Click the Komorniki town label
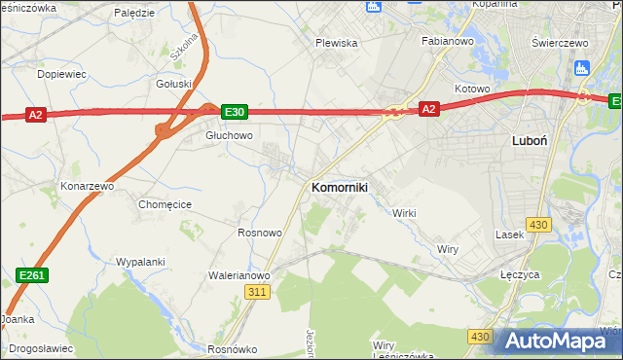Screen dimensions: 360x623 point(339,187)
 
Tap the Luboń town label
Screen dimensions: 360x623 point(529,140)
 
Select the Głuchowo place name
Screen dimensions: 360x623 point(229,136)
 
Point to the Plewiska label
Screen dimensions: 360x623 point(337,43)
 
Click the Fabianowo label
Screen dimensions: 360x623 point(447,42)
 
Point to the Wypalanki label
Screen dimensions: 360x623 point(140,262)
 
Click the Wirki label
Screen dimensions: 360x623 point(404,213)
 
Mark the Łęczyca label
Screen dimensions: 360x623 point(520,275)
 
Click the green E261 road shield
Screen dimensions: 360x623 point(33,277)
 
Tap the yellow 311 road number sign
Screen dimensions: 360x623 point(257,292)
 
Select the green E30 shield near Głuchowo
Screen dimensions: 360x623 point(234,112)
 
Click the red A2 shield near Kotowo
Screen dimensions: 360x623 point(428,110)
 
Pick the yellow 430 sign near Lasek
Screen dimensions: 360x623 point(538,225)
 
